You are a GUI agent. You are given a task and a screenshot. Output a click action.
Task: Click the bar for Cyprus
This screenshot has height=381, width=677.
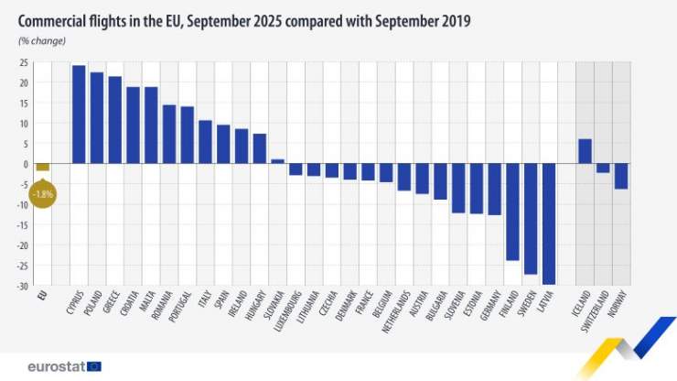tap(79, 114)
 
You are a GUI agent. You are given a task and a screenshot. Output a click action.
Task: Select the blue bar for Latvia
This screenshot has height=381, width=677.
tap(549, 224)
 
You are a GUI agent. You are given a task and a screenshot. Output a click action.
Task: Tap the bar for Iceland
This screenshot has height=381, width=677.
tap(586, 151)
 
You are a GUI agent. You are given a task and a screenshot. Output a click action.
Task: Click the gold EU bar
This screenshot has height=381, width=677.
tap(42, 168)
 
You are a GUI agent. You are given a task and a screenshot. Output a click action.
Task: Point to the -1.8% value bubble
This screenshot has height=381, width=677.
tap(42, 194)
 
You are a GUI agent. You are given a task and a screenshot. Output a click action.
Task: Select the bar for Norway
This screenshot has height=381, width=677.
tap(621, 176)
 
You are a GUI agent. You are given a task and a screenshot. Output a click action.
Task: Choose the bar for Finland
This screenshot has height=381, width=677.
tap(512, 212)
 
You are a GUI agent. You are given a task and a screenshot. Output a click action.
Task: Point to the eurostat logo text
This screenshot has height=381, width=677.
tap(56, 366)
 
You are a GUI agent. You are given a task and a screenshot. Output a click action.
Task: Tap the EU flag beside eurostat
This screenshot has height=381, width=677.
tap(94, 366)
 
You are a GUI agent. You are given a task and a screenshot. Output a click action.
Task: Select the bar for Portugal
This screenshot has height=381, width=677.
tap(187, 135)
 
